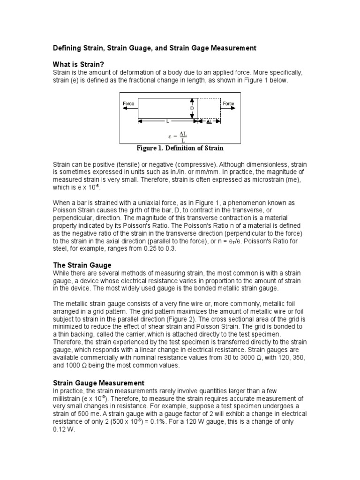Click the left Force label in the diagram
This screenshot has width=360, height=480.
point(128,104)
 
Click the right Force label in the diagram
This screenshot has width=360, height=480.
point(229,104)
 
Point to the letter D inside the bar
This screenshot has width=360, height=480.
point(192,108)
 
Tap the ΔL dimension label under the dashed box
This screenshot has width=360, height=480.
point(209,121)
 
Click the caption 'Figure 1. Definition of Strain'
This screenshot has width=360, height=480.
point(180,148)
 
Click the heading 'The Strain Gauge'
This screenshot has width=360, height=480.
point(82,265)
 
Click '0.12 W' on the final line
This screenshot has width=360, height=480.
point(64,429)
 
